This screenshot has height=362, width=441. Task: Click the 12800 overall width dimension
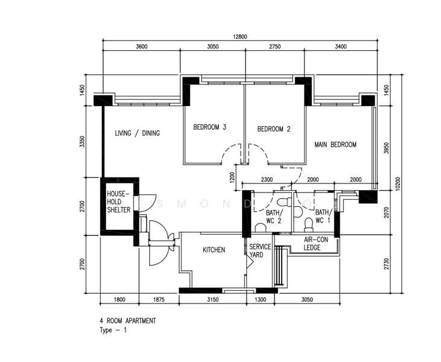(x=240, y=37)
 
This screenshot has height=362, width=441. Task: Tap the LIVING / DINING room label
(x=138, y=133)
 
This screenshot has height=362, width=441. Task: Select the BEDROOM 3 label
(x=209, y=127)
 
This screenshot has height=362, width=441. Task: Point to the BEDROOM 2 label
(x=274, y=129)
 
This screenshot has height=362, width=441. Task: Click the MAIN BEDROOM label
(x=335, y=145)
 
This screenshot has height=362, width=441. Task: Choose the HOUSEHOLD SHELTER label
(x=119, y=202)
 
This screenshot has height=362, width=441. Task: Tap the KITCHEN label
(x=214, y=250)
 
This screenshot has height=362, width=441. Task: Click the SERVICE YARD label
(x=260, y=250)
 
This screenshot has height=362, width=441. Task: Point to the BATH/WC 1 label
(x=324, y=216)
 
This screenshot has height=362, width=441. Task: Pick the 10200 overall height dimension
(x=397, y=183)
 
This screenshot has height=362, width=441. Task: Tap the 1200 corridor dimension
(x=232, y=177)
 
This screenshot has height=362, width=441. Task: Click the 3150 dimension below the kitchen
(x=212, y=300)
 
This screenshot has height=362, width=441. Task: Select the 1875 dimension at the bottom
(x=159, y=300)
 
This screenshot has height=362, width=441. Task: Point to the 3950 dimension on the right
(x=386, y=148)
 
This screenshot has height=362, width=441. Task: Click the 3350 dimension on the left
(x=82, y=141)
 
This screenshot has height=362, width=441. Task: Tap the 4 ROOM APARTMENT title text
(x=128, y=320)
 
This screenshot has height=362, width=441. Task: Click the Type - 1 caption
(x=113, y=330)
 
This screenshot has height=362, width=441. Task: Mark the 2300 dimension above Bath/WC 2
(x=267, y=179)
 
